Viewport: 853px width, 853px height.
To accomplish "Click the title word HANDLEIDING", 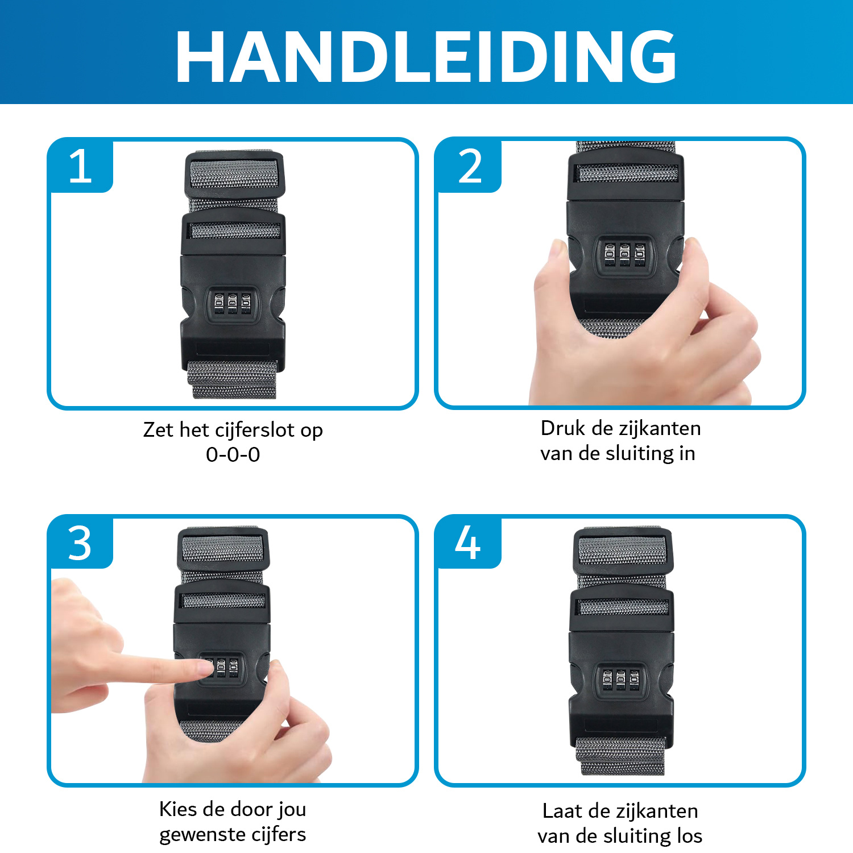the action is pyautogui.click(x=426, y=56).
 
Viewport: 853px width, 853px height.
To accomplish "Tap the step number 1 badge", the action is pyautogui.click(x=80, y=166).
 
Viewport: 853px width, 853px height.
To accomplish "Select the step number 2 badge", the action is pyautogui.click(x=469, y=166).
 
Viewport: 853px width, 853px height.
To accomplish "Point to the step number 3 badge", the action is pyautogui.click(x=80, y=543).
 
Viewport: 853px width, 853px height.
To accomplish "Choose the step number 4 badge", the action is pyautogui.click(x=468, y=543).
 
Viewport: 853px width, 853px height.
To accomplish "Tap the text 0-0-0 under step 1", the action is pyautogui.click(x=233, y=455).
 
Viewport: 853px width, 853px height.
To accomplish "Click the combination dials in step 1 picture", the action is pyautogui.click(x=232, y=303).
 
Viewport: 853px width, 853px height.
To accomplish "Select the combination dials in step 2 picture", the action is pyautogui.click(x=624, y=255).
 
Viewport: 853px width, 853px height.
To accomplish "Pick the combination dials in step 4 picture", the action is pyautogui.click(x=620, y=679).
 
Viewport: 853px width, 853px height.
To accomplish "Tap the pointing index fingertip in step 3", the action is pyautogui.click(x=202, y=668).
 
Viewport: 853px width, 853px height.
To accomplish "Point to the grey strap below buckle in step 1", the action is pyautogui.click(x=233, y=379).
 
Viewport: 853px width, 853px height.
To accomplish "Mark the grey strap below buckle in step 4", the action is pyautogui.click(x=620, y=756).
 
